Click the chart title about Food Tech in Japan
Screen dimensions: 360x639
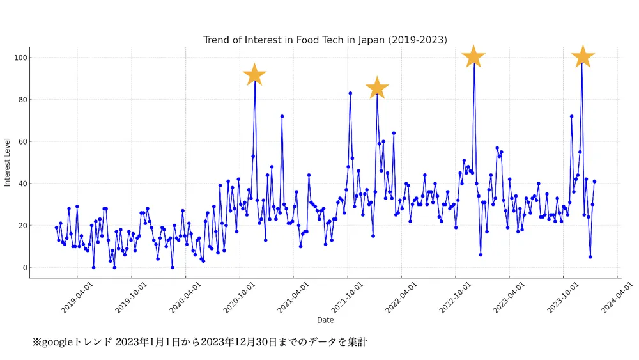click(x=325, y=40)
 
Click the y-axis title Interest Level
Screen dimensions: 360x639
click(x=8, y=162)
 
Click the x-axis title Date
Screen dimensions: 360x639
click(x=325, y=320)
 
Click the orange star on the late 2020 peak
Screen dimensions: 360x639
click(x=255, y=75)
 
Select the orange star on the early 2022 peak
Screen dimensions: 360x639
click(x=377, y=88)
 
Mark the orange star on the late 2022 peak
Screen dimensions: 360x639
click(x=473, y=57)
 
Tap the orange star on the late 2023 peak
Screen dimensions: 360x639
click(x=582, y=57)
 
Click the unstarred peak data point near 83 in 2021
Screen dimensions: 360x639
click(x=350, y=93)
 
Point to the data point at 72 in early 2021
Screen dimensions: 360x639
click(x=282, y=116)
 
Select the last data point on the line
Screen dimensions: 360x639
click(x=594, y=182)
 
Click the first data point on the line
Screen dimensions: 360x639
click(x=56, y=228)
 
